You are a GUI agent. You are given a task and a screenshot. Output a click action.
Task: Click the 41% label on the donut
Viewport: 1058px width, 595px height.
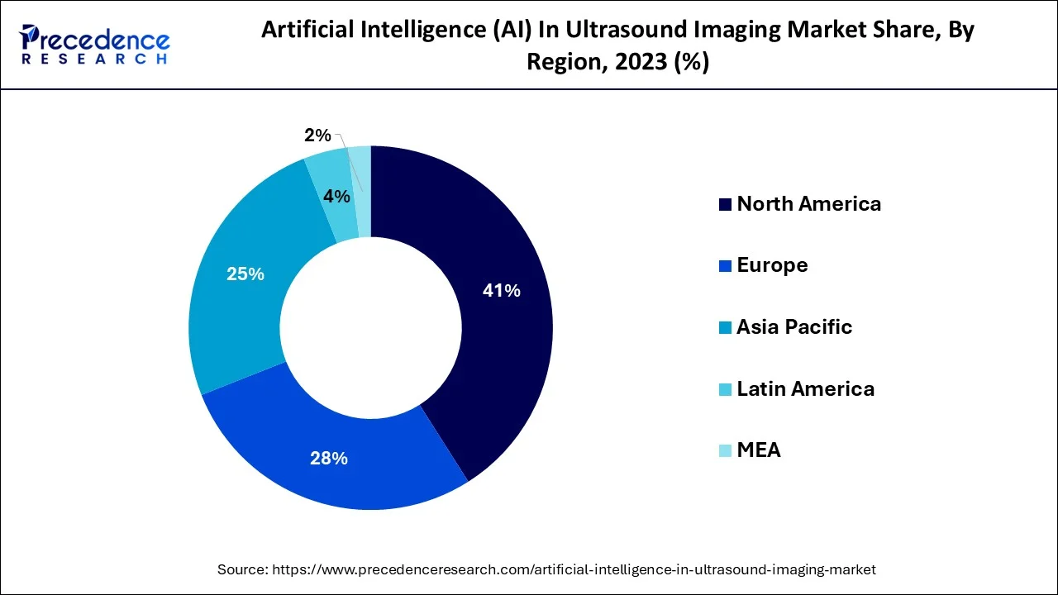[502, 291]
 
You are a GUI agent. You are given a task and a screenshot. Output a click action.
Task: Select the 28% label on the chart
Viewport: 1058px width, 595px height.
[328, 458]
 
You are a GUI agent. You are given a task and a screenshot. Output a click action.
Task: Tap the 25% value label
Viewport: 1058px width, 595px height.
[245, 274]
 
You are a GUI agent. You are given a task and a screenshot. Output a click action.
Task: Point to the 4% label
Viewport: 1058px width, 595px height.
[336, 197]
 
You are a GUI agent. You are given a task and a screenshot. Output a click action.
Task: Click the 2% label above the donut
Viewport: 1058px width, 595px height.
[317, 136]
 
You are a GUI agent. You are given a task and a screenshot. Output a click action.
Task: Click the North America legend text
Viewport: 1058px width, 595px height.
[808, 204]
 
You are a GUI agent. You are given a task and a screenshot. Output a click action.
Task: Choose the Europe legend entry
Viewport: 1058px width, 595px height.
[772, 265]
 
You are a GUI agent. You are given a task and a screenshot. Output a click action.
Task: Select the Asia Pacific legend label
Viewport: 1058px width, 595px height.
[793, 327]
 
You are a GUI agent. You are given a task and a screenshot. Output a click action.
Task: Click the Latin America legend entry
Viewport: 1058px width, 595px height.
[805, 388]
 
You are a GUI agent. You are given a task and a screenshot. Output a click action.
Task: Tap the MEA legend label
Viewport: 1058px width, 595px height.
[758, 450]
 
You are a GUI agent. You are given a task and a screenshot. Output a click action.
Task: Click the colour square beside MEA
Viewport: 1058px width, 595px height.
[725, 450]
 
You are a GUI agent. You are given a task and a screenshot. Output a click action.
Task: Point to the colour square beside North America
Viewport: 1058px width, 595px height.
[725, 205]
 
